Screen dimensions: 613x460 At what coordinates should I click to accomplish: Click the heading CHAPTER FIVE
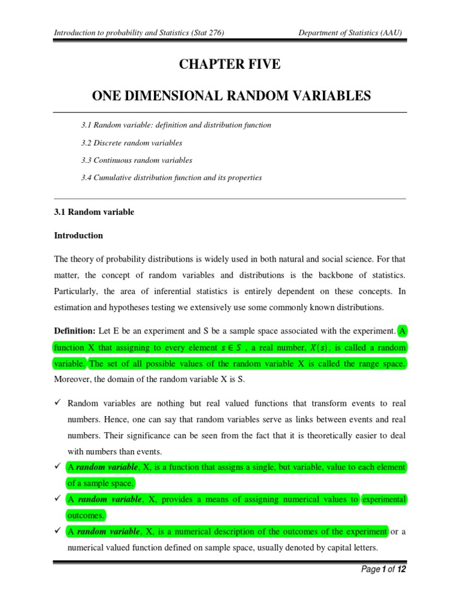pos(229,65)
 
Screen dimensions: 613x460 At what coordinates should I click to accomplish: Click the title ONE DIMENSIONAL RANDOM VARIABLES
pos(230,96)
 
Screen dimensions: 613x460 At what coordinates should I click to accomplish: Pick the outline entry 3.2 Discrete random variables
pos(131,143)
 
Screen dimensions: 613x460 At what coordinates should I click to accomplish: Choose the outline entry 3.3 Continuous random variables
pos(137,160)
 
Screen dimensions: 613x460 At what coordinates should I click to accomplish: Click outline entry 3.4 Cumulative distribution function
pos(171,178)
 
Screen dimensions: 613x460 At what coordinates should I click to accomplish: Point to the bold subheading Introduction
pos(78,236)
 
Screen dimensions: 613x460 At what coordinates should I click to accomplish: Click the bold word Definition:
pos(75,330)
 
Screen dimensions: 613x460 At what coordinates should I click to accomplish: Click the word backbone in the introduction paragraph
pos(331,275)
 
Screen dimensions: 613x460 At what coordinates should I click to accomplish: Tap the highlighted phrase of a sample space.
pos(101,483)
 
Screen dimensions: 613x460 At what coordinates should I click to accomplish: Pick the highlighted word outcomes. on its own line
pos(86,515)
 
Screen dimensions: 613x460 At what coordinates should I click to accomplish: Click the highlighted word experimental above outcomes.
pos(384,499)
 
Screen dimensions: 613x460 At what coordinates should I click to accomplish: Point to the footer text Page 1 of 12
pos(385,570)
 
